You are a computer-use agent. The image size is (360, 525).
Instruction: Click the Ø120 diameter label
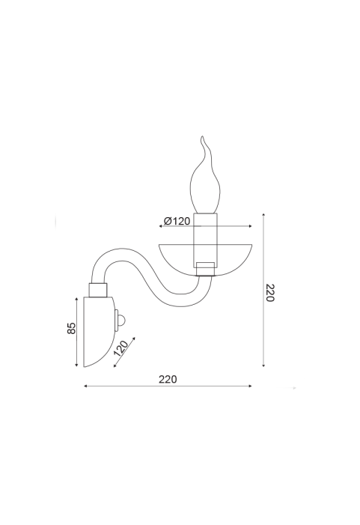177,221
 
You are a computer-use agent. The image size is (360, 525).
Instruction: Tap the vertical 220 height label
270,293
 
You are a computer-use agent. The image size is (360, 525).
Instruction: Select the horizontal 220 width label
168,380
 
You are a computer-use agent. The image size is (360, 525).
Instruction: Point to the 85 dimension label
72,328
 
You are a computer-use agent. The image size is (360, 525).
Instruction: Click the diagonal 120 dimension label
120,348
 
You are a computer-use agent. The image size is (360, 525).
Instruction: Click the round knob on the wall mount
122,321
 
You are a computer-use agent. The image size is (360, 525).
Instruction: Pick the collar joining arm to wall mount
98,290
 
